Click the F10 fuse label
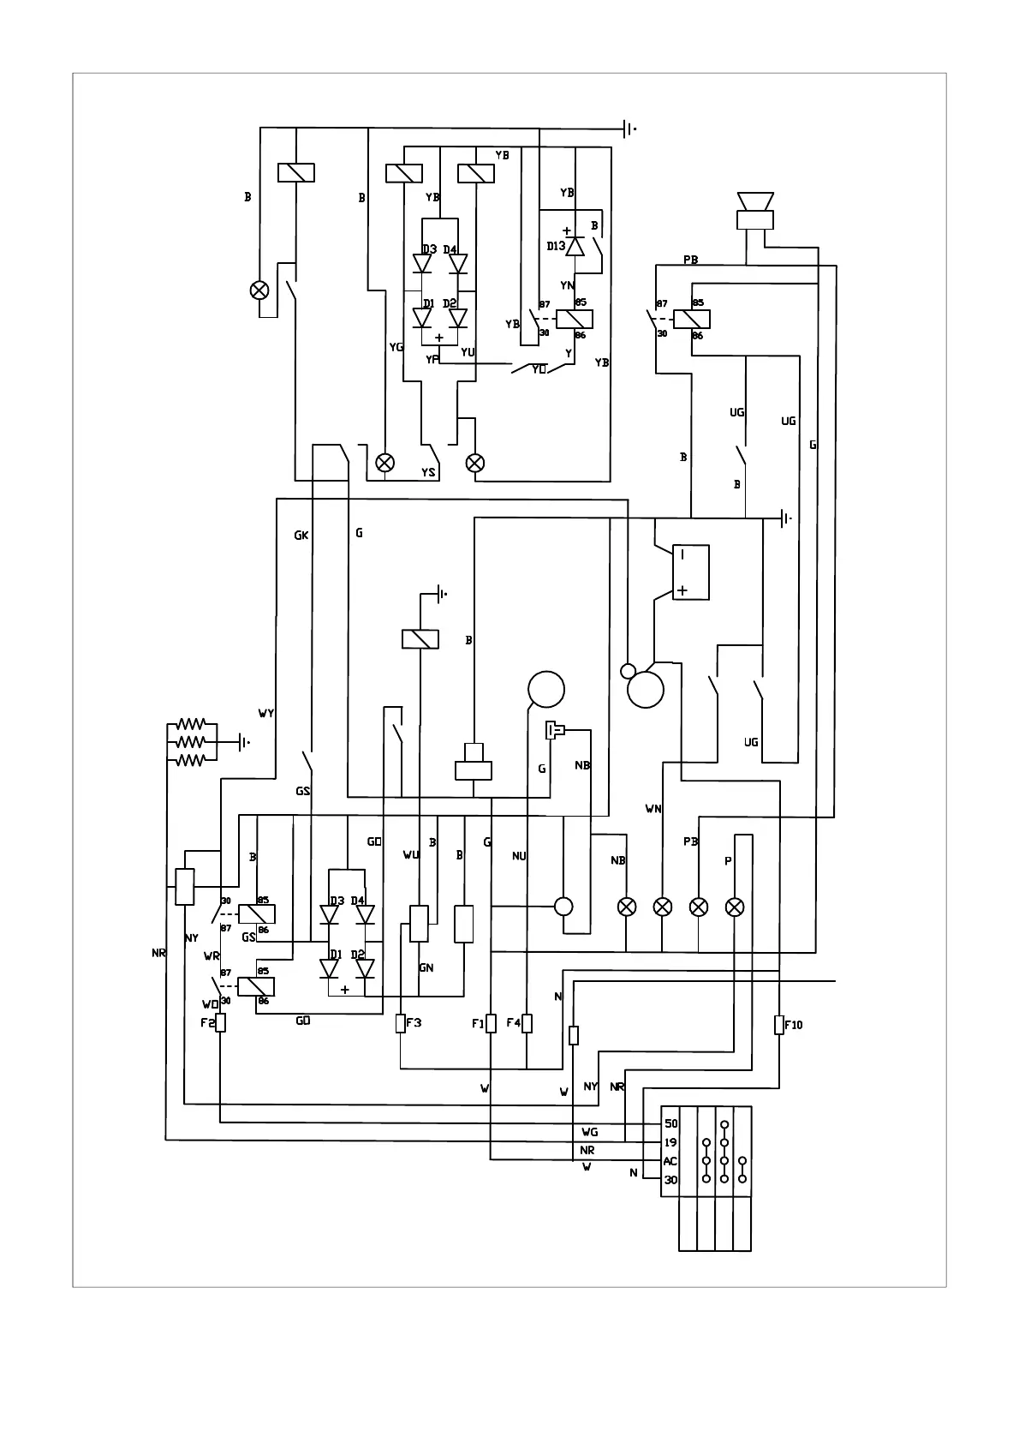click(x=794, y=1025)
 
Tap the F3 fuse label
click(x=414, y=1022)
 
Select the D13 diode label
click(x=556, y=247)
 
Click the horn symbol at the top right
click(x=754, y=210)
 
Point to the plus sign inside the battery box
click(x=682, y=590)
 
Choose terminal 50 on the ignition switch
click(x=670, y=1123)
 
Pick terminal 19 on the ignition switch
click(x=670, y=1142)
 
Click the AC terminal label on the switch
click(x=670, y=1161)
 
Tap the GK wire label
click(x=301, y=536)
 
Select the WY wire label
click(x=266, y=713)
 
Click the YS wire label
click(x=428, y=472)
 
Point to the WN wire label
click(x=653, y=809)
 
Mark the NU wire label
click(x=519, y=856)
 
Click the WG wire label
click(x=589, y=1132)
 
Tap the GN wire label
click(x=426, y=967)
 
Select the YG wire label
click(x=396, y=347)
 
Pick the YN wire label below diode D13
click(x=567, y=285)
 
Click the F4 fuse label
click(x=513, y=1022)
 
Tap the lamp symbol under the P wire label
click(x=735, y=907)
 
